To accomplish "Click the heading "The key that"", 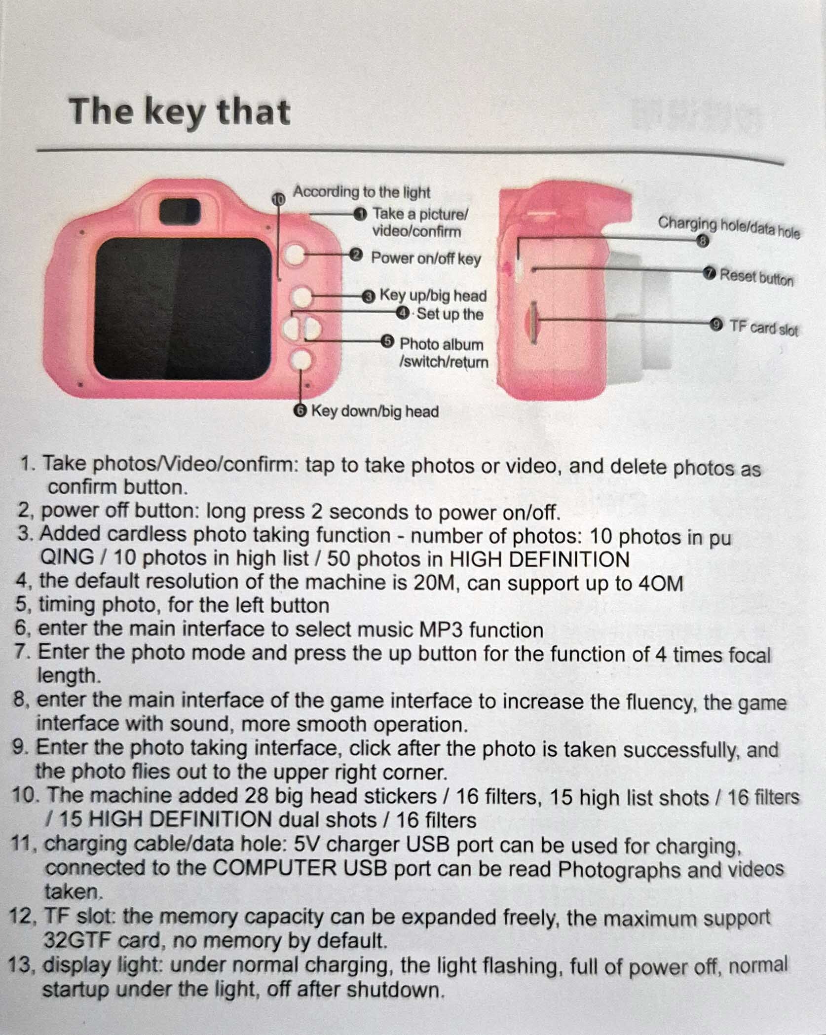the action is point(179,112).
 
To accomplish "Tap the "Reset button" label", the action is point(757,277).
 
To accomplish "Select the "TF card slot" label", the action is point(763,328).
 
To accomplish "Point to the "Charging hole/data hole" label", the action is point(729,227).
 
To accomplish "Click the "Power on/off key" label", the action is point(426,259).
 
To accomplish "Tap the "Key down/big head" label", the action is point(375,411).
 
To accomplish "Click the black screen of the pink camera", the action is point(183,308).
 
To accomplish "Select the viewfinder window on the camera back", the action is point(180,211).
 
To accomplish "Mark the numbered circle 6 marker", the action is point(300,411).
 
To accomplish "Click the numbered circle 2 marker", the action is point(356,256).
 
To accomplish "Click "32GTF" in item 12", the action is point(77,940).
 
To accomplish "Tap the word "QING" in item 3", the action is point(67,558).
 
